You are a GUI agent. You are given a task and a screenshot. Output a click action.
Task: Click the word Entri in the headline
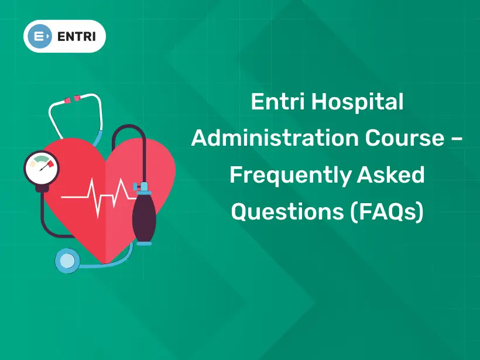(277, 102)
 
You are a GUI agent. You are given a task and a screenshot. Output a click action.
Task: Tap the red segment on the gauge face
(51, 163)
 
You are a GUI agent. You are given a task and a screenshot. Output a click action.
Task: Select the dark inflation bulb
(143, 217)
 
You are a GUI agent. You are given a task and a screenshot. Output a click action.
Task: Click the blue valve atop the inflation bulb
(142, 188)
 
